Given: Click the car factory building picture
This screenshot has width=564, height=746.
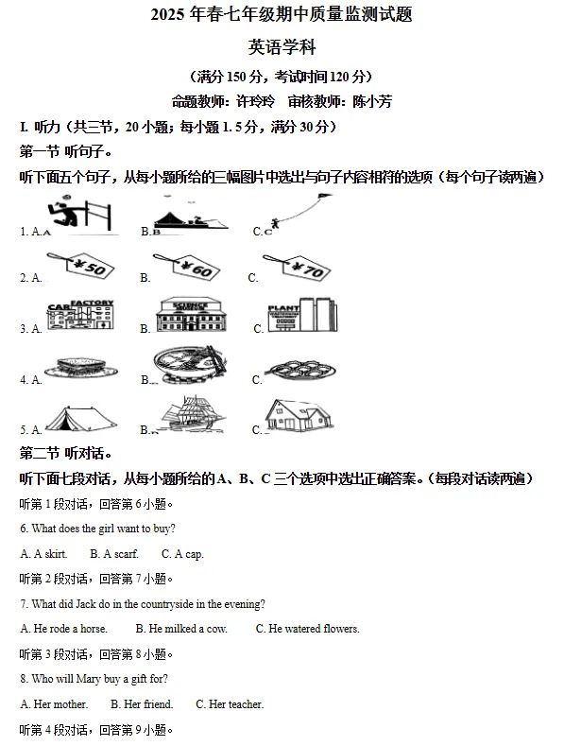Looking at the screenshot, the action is pyautogui.click(x=80, y=317).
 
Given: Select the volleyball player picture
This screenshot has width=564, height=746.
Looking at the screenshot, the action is pyautogui.click(x=80, y=215).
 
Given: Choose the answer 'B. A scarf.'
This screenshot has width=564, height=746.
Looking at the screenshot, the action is pyautogui.click(x=114, y=554).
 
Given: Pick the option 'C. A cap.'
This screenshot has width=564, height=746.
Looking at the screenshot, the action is pyautogui.click(x=182, y=554).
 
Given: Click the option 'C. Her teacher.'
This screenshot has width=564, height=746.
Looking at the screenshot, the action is pyautogui.click(x=230, y=704).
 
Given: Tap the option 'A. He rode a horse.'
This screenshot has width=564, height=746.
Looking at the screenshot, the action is pyautogui.click(x=64, y=629).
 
